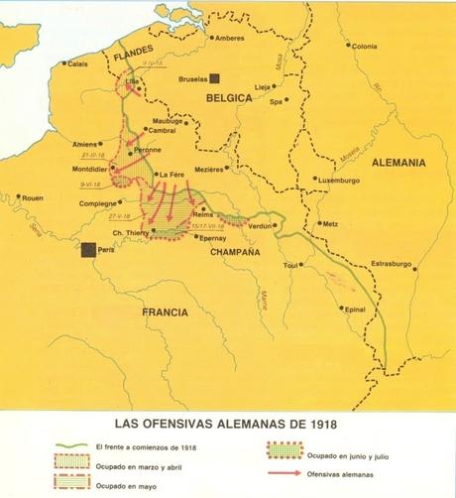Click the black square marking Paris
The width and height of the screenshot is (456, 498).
tap(90, 251)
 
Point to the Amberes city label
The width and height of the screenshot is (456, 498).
tap(229, 39)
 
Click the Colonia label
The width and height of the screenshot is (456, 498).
tap(364, 46)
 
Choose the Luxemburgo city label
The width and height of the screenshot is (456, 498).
tap(341, 180)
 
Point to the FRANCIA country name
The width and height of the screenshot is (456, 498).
tap(164, 311)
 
